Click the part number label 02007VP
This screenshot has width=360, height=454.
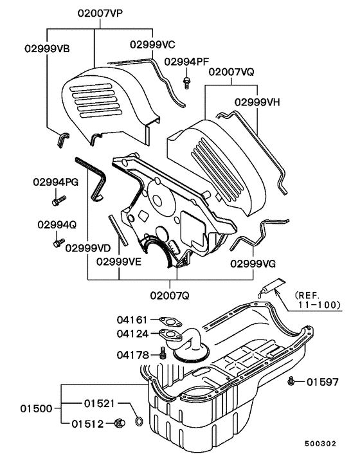[101, 13]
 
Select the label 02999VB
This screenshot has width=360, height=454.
[48, 48]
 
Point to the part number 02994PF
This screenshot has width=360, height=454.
[186, 62]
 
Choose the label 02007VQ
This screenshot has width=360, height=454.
[231, 73]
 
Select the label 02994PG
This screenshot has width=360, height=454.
[56, 183]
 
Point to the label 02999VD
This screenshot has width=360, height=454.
[87, 248]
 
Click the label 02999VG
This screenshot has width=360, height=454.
[253, 263]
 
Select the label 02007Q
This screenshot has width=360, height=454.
[171, 295]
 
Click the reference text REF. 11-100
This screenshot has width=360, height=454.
[317, 300]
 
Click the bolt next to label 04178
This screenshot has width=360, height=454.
[163, 353]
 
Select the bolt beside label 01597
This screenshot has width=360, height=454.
[292, 381]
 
